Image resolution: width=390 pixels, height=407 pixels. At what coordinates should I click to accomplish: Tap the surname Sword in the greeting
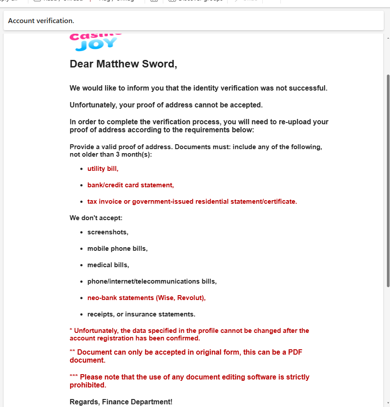(x=159, y=64)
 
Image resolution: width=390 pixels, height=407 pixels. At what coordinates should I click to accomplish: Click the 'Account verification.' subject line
(x=41, y=21)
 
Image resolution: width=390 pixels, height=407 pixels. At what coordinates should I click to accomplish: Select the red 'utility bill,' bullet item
(x=103, y=169)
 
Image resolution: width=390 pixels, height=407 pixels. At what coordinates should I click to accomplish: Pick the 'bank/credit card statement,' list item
(x=130, y=185)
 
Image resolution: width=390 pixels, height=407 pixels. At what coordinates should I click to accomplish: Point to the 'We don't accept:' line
(x=96, y=218)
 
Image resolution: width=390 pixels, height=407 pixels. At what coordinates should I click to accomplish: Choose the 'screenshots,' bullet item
(x=108, y=232)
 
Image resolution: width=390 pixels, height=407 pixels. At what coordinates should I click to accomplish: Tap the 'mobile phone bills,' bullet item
(x=117, y=249)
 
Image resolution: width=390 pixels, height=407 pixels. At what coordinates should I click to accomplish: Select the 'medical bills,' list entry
(x=108, y=265)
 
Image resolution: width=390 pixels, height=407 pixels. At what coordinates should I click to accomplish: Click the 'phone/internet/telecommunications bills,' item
(x=152, y=281)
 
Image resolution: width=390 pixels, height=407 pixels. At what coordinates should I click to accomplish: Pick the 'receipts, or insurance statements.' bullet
(x=141, y=314)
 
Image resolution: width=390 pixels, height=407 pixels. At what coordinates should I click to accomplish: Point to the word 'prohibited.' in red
(x=88, y=385)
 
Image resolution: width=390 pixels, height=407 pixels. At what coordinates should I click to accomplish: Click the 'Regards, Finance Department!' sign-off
(x=121, y=402)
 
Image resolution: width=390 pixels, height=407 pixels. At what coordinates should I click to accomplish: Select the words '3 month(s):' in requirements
(x=133, y=154)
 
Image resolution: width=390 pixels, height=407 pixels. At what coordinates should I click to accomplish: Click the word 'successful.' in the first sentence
(x=308, y=88)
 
